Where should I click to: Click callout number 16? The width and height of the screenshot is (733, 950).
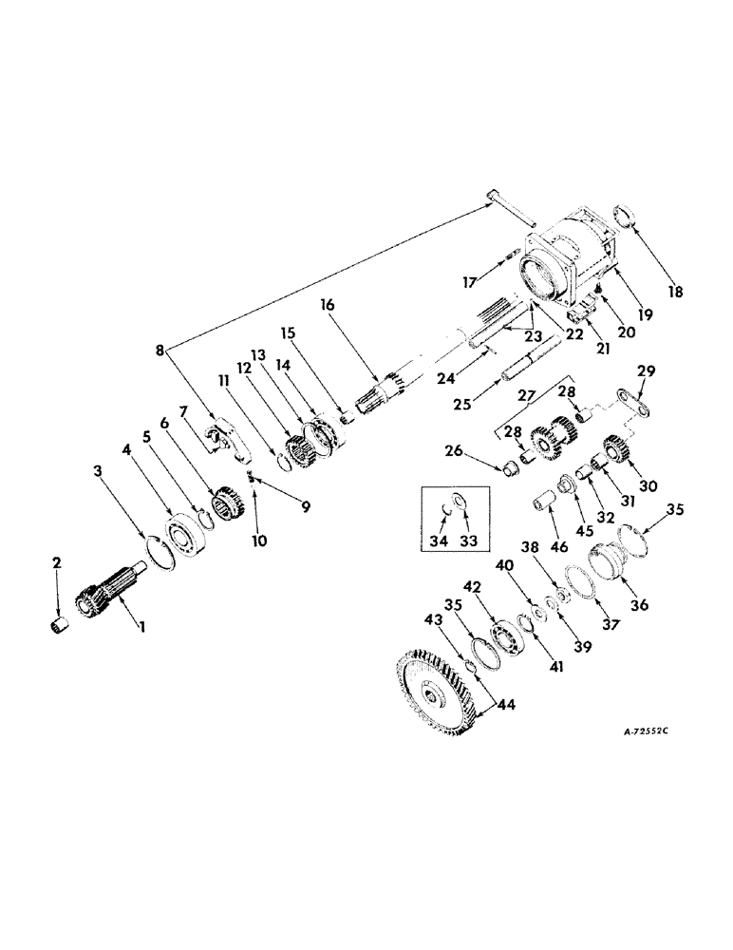tap(328, 306)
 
